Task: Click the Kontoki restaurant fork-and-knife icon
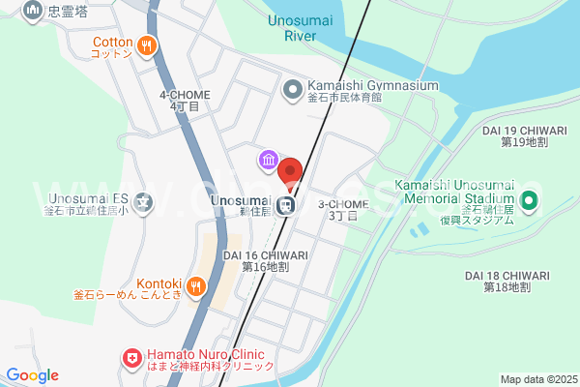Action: click(x=194, y=285)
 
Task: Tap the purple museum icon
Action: click(x=266, y=159)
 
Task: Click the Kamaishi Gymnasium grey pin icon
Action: click(x=292, y=90)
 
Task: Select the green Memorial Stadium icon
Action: click(x=529, y=202)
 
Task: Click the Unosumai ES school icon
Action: click(x=144, y=203)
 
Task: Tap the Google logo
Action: click(x=32, y=375)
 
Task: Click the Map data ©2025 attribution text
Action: click(x=537, y=379)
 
